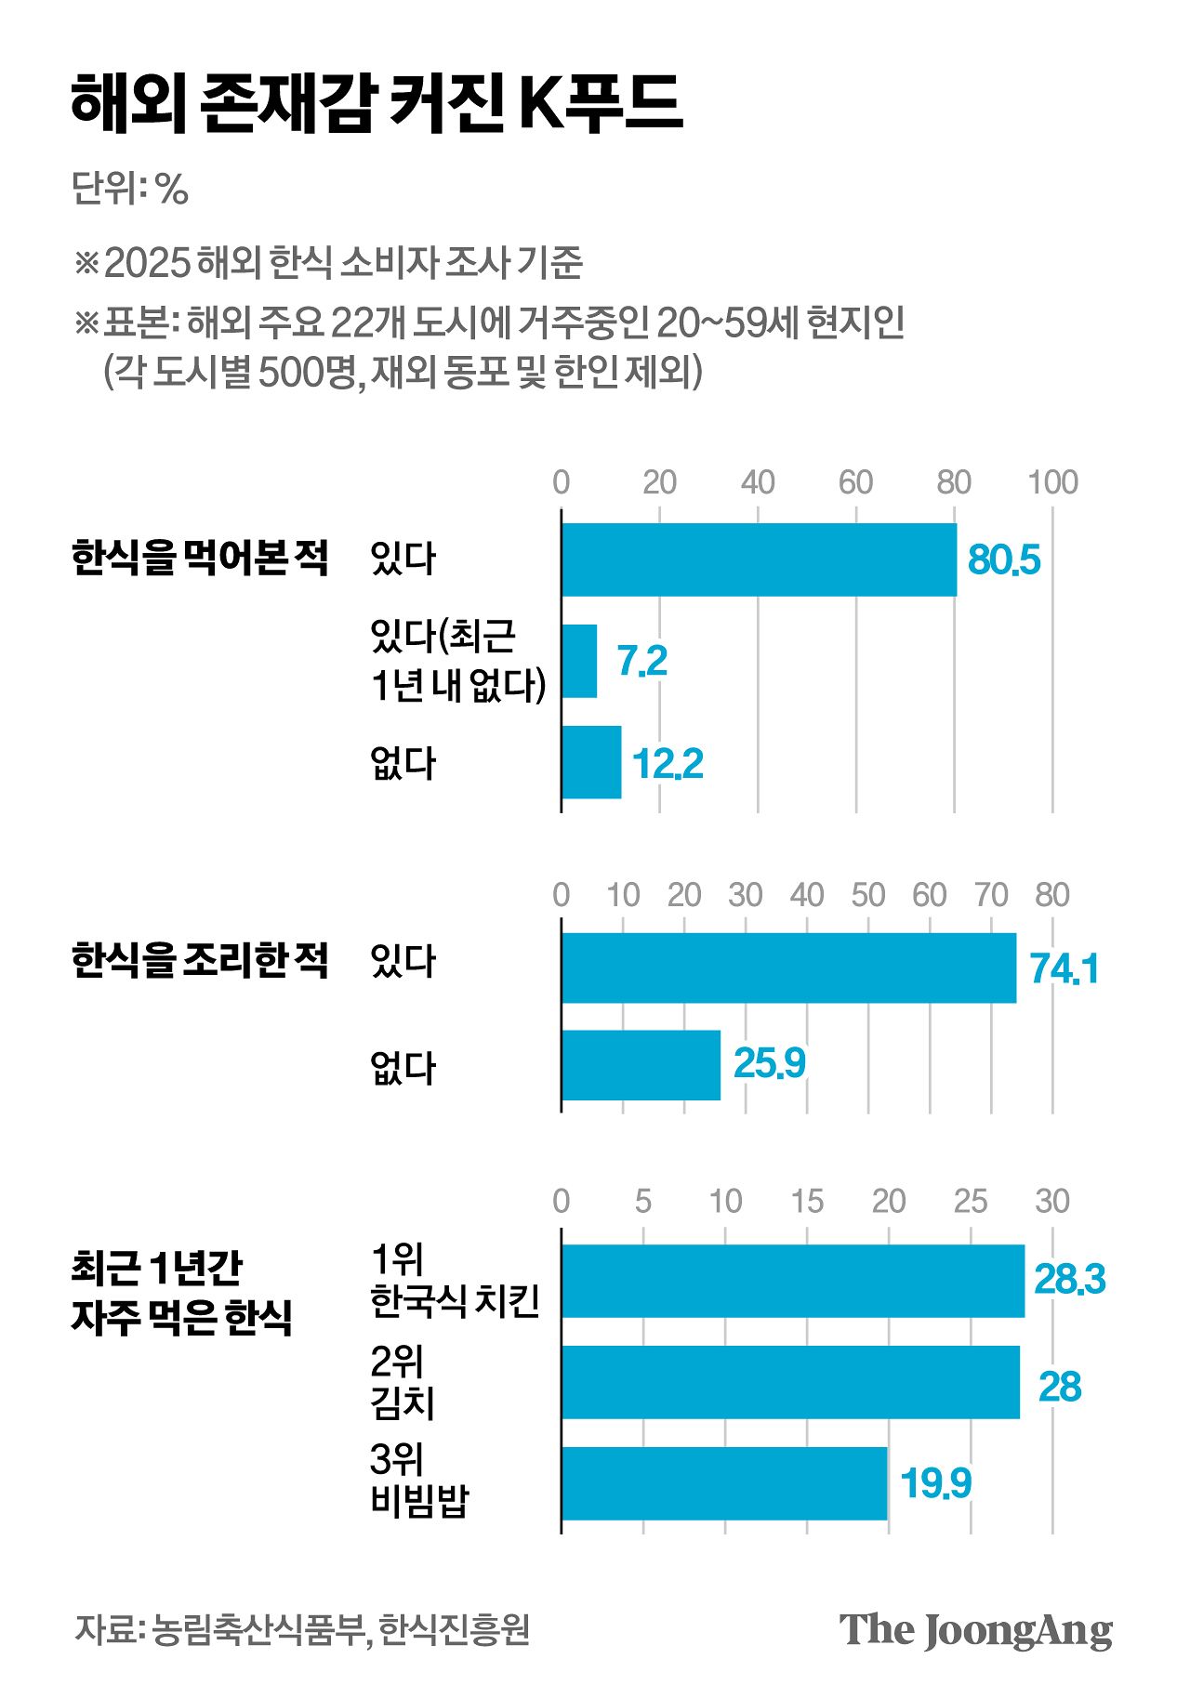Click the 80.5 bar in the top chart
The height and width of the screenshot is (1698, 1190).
pos(759,559)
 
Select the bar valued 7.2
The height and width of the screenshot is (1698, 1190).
pos(579,661)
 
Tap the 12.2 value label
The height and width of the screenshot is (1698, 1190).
pos(667,764)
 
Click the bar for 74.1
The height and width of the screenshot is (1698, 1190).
pos(788,968)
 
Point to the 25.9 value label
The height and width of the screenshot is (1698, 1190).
pos(769,1063)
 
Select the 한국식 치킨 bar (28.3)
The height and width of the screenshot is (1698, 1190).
pos(792,1281)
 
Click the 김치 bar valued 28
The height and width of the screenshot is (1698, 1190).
pos(790,1382)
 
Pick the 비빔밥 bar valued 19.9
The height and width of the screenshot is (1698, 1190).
pos(724,1482)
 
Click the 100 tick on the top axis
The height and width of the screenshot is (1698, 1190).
pos(1052,482)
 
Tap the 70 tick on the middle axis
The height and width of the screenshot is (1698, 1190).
pos(991,895)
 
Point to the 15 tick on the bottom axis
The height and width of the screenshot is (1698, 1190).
pos(807,1202)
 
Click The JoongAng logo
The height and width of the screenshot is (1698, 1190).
pos(975,1630)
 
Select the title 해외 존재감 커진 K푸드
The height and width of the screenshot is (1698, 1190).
pos(377,103)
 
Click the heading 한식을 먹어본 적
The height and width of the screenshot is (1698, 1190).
pos(200,558)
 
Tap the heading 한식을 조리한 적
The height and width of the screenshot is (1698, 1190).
pos(200,960)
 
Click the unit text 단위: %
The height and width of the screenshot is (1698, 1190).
pos(130,189)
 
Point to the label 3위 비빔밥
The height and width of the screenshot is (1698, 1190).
pos(419,1481)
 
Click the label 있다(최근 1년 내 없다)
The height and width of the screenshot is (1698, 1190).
pos(456,660)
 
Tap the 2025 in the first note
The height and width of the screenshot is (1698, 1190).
pos(147,263)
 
